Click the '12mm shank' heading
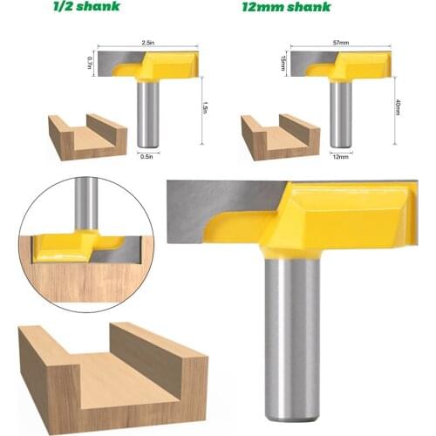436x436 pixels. (x=287, y=7)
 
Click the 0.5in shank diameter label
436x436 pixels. (x=148, y=158)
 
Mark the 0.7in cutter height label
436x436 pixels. (x=89, y=62)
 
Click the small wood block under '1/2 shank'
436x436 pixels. (x=86, y=135)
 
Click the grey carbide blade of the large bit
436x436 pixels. (x=218, y=209)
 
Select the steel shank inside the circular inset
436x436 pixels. (x=85, y=201)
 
